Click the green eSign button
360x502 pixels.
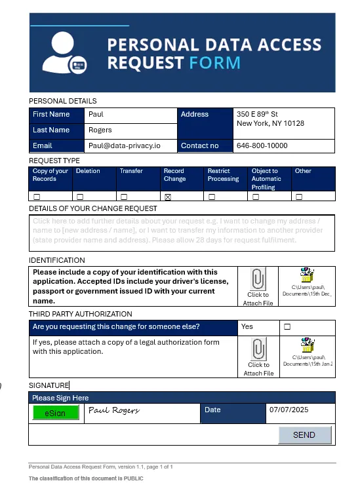click(x=55, y=413)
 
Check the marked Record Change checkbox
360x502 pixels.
click(x=168, y=197)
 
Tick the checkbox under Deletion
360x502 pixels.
click(x=80, y=197)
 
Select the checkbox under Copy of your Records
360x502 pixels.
click(x=37, y=197)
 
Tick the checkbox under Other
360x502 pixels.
click(x=299, y=197)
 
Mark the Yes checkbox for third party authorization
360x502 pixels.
click(x=287, y=326)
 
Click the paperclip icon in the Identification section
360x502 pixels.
click(x=258, y=279)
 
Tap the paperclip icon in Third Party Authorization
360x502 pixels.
click(x=258, y=349)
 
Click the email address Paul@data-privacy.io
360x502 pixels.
click(x=124, y=145)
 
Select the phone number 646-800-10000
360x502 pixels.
click(x=262, y=145)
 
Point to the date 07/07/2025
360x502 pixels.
click(x=289, y=410)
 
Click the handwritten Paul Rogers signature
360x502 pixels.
click(x=113, y=410)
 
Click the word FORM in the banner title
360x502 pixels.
click(x=214, y=63)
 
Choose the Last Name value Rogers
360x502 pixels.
click(x=100, y=130)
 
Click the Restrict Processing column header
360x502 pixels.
click(x=223, y=175)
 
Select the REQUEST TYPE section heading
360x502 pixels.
click(x=54, y=161)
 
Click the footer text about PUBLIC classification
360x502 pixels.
click(x=86, y=478)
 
